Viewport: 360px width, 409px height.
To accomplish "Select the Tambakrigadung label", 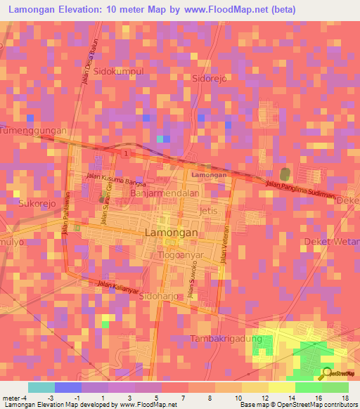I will coord(226,339).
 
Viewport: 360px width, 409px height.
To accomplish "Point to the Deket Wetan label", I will coord(331,241).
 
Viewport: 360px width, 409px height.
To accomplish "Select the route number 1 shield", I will coord(125,153).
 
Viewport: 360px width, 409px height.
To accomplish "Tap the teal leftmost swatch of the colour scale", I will coord(41,387).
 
